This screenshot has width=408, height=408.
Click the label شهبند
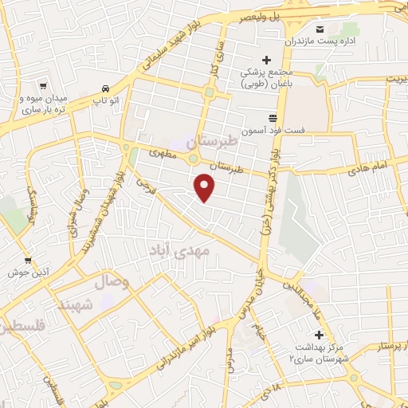point(76,304)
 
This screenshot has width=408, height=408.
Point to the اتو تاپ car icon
point(104,89)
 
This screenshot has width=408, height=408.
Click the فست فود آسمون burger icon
point(272,116)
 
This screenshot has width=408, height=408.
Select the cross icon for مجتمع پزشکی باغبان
point(267,61)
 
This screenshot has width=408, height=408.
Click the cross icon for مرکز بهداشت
point(320,335)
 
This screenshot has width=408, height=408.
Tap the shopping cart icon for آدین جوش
point(28,261)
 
